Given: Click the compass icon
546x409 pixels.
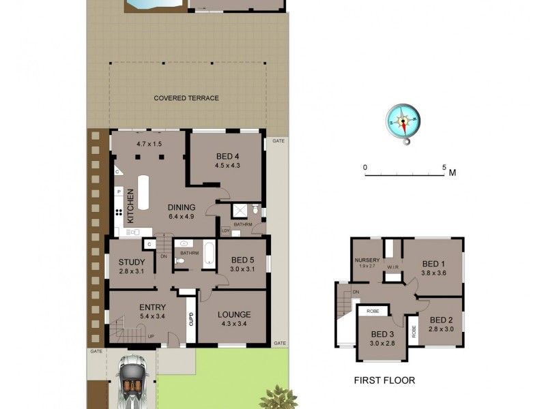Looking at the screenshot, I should (403, 123).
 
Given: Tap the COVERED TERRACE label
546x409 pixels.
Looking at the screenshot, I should (186, 98).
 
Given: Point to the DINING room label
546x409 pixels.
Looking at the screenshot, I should (182, 208).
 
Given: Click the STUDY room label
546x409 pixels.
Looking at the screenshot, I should (132, 262).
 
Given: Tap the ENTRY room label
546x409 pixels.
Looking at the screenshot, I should (152, 307).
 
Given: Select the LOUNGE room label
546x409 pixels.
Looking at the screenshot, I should (234, 315).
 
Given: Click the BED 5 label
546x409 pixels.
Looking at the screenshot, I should (242, 260).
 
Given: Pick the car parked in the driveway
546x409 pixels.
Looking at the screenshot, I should (132, 382).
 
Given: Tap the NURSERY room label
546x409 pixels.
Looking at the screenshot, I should (367, 260).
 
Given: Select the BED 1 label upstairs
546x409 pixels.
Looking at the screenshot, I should (433, 264).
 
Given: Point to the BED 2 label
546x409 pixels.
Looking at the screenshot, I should (442, 320).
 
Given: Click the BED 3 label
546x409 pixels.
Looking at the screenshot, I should (383, 334).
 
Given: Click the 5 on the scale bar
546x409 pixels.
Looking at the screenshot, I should (444, 167).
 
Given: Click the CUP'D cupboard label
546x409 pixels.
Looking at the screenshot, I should (191, 318).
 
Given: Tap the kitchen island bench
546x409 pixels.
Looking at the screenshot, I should (143, 193).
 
